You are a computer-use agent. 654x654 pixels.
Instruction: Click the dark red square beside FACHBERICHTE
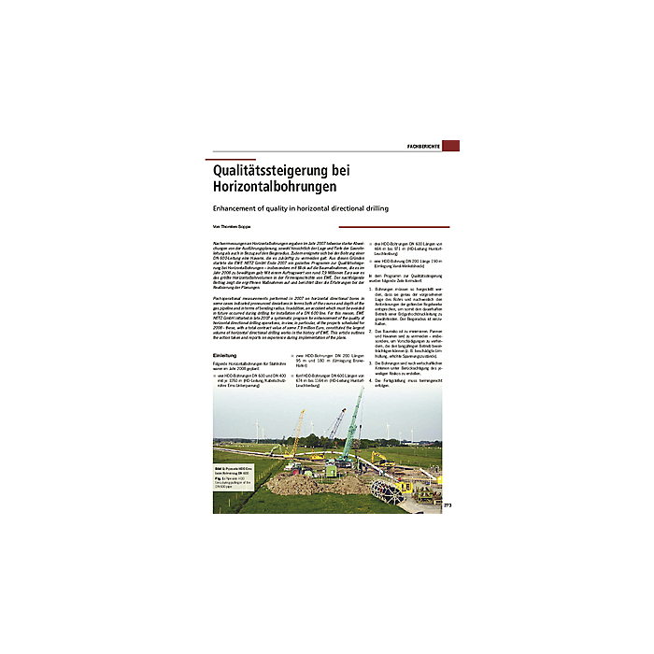click(450, 146)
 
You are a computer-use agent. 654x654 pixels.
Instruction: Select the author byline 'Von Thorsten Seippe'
click(231, 227)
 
